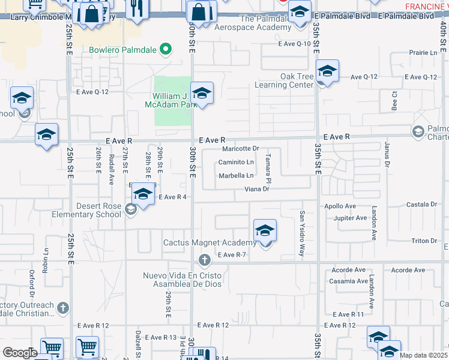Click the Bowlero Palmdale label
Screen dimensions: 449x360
(x=122, y=50)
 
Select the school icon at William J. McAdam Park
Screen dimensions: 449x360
(x=202, y=93)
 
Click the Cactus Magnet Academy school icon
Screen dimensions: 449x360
(x=265, y=230)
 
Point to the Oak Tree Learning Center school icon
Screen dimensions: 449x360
(x=327, y=71)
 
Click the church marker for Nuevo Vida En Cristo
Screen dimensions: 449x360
(x=204, y=260)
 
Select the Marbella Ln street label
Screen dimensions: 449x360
(x=236, y=176)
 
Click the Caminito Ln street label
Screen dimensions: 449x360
(x=236, y=162)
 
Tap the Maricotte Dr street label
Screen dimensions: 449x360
(x=240, y=148)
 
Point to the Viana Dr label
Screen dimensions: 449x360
(x=259, y=190)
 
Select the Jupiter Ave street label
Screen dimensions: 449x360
(x=350, y=218)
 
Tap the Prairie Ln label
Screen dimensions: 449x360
(x=424, y=53)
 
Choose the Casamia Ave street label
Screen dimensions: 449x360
(x=348, y=281)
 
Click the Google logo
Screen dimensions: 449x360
(x=20, y=353)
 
